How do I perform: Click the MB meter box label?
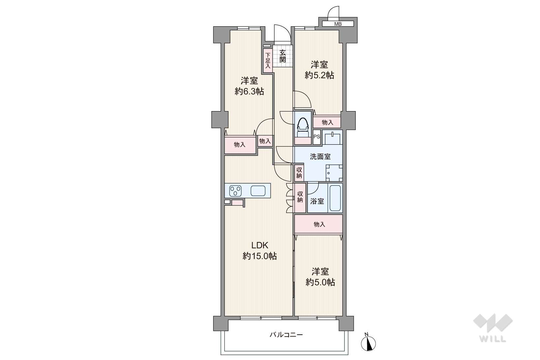(338, 24)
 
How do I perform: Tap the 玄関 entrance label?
(283, 56)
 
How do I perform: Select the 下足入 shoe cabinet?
(268, 61)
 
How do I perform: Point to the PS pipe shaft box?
(316, 137)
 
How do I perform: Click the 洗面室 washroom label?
(320, 157)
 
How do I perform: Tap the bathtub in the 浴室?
(335, 198)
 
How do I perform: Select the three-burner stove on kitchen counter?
(67, 191)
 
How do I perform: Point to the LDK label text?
(260, 245)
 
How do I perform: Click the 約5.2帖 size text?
(319, 75)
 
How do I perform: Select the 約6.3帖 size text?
(249, 91)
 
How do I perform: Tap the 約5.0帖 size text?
(320, 282)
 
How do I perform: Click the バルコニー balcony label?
(286, 335)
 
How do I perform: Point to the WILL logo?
(493, 327)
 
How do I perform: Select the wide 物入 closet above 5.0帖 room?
(318, 224)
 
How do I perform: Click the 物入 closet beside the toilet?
(327, 122)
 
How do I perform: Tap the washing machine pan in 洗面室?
(334, 173)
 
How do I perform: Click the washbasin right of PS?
(332, 138)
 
